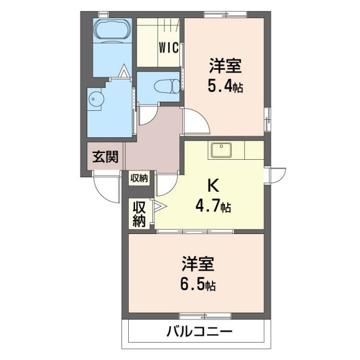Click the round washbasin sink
[x=96, y=100]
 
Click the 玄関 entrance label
[x=105, y=157]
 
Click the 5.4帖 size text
[x=225, y=87]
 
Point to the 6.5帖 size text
[x=197, y=285]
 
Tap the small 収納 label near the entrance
[x=139, y=178]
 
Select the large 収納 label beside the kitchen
[x=139, y=214]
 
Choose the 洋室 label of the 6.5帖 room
[x=197, y=263]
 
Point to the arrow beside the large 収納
[x=157, y=206]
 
